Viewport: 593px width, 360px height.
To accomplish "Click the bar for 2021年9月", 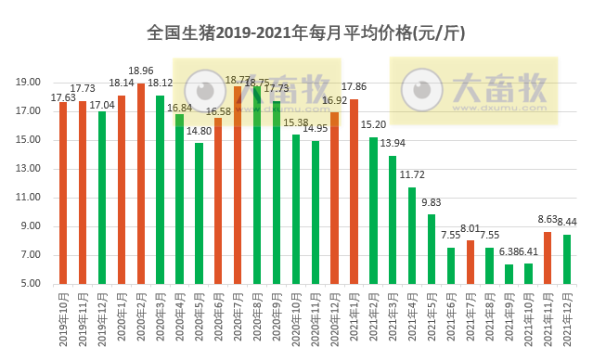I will click(x=509, y=275).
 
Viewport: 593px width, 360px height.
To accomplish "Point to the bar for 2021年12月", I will click(x=566, y=260).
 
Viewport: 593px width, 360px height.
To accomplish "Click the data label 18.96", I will click(x=141, y=71).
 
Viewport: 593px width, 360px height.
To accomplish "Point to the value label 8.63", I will click(x=548, y=220).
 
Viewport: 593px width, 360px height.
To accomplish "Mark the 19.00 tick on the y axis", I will click(x=31, y=82).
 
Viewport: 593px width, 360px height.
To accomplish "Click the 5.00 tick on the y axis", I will click(x=31, y=284).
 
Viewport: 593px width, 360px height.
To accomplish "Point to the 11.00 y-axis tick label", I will click(x=31, y=198).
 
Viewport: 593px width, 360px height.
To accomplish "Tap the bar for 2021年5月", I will click(x=431, y=250).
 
